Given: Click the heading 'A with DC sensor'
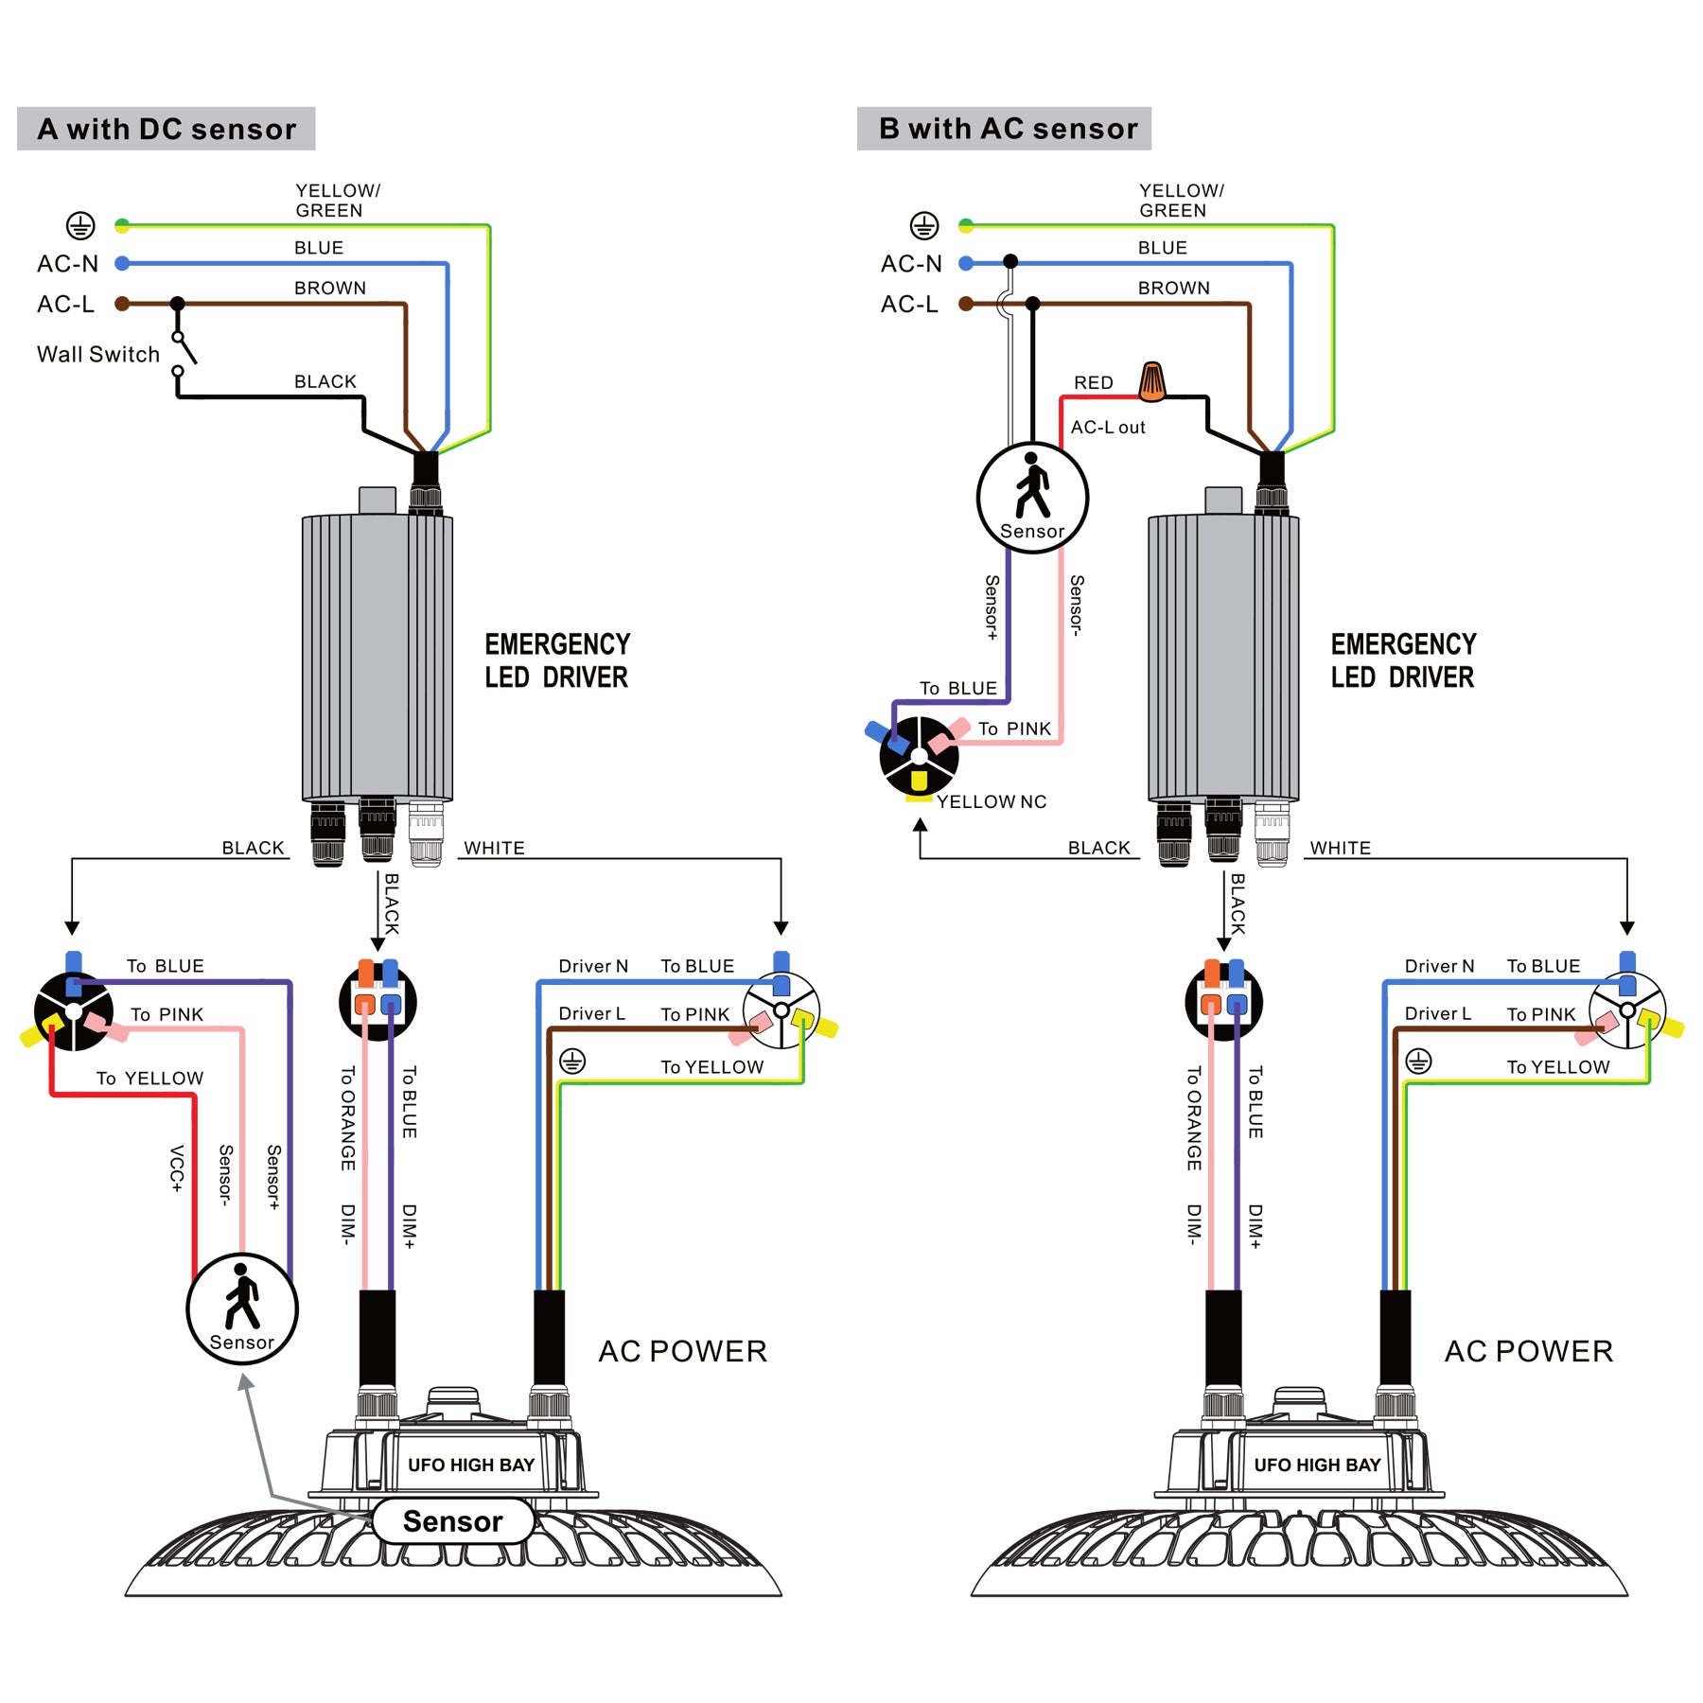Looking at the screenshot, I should click(x=167, y=129).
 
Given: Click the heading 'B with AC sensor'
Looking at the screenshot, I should click(x=1007, y=129).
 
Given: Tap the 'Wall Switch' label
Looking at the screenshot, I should click(x=98, y=354).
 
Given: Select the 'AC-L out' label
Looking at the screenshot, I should click(x=1107, y=428).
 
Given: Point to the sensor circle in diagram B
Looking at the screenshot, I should click(x=1032, y=498).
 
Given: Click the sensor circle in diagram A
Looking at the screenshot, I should click(x=242, y=1308).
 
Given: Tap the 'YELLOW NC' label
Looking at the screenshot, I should click(x=992, y=802).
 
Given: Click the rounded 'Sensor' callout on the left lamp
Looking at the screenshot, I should click(x=452, y=1521).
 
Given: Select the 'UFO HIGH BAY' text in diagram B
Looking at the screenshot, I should click(x=1317, y=1466).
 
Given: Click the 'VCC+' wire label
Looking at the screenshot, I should click(x=176, y=1168).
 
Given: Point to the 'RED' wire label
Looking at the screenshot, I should click(x=1093, y=382).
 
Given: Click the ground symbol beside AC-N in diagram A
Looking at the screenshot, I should click(x=80, y=226).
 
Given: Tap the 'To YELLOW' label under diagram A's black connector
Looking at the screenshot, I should click(x=149, y=1079).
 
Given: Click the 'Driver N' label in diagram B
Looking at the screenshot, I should click(x=1439, y=966).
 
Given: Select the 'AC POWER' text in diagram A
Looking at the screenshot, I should click(x=682, y=1351).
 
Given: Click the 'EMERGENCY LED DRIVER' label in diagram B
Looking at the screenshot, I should click(x=1402, y=660).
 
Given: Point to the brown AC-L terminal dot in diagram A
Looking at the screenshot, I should click(x=122, y=304).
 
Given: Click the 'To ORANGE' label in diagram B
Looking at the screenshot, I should click(x=1193, y=1118).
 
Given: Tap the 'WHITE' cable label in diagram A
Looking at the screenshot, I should click(x=494, y=849).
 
